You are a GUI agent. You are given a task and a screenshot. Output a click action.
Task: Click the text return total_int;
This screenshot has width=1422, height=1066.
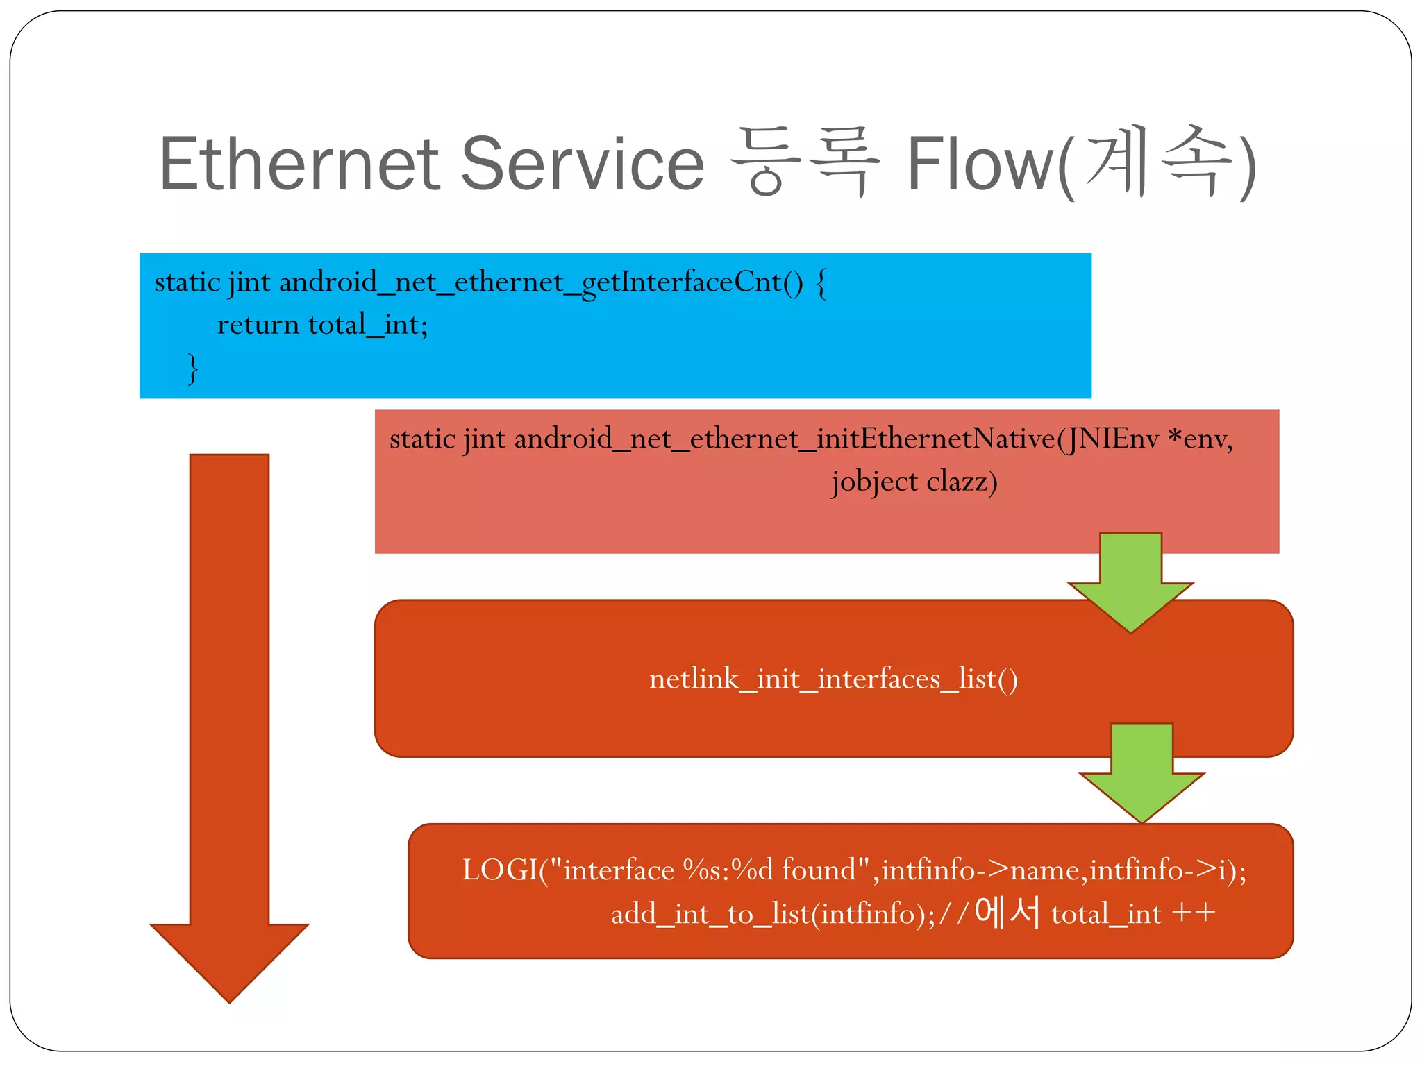(322, 325)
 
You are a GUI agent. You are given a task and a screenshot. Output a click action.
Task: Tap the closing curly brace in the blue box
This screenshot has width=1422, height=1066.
(193, 369)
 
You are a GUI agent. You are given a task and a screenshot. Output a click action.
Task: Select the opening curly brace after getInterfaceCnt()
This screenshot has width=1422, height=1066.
(821, 283)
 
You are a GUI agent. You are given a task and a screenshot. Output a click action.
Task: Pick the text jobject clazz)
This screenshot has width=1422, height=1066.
(914, 482)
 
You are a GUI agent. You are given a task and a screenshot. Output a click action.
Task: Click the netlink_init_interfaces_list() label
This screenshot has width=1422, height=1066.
(833, 679)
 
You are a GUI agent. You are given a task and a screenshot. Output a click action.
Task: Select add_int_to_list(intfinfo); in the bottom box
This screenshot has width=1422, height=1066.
(773, 914)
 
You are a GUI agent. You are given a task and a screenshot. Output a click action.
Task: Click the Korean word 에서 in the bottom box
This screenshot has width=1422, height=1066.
(1007, 912)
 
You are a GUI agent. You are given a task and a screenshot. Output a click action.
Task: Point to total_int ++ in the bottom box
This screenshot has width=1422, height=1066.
(1133, 914)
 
